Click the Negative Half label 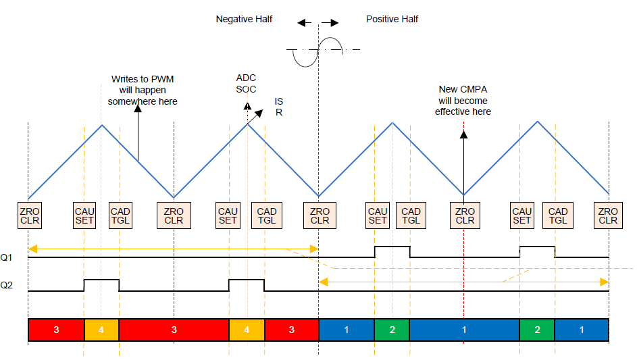tap(244, 19)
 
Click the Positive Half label tap(392, 19)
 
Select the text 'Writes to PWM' tap(143, 79)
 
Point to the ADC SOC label tap(246, 83)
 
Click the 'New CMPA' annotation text tap(463, 90)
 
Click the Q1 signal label tap(6, 257)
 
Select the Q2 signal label tap(6, 286)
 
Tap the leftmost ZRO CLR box tap(29, 215)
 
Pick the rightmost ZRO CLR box tap(608, 215)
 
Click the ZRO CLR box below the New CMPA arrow tap(465, 215)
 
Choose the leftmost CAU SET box tap(85, 215)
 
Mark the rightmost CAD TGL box tap(557, 215)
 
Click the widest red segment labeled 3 tap(174, 330)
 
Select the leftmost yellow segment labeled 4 tap(101, 330)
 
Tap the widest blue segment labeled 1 tap(464, 330)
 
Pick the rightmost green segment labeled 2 tap(537, 330)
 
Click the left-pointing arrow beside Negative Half tap(305, 23)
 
